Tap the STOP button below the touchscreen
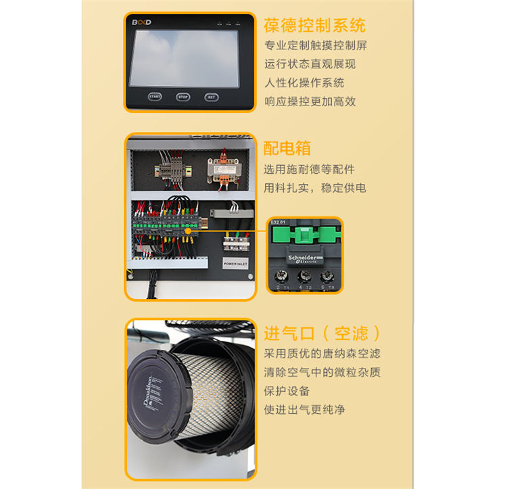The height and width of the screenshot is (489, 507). point(183,97)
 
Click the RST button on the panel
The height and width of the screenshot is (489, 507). point(212,97)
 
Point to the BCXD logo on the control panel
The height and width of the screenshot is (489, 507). point(141,22)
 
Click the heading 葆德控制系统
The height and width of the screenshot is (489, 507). point(315,26)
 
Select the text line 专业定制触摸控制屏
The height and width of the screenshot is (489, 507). point(316,46)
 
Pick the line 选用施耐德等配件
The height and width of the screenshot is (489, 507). point(309,169)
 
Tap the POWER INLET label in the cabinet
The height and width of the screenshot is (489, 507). point(235,263)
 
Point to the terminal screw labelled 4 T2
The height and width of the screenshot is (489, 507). point(306,277)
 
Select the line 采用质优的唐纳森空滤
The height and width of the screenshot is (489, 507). point(322,353)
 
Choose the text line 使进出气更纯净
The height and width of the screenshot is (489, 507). point(304,409)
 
